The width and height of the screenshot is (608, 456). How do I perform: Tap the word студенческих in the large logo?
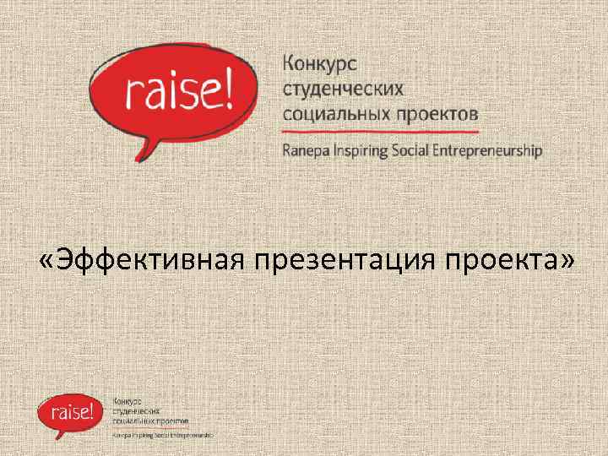pyautogui.click(x=342, y=89)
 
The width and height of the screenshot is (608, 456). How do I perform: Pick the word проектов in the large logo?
pyautogui.click(x=434, y=112)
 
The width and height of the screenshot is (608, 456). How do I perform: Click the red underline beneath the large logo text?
pyautogui.click(x=379, y=133)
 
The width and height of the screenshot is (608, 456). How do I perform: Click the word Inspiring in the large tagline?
pyautogui.click(x=364, y=151)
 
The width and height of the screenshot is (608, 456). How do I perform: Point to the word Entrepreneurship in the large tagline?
pyautogui.click(x=493, y=151)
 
